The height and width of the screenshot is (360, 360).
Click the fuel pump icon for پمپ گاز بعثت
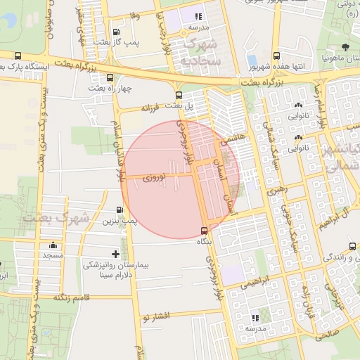116,32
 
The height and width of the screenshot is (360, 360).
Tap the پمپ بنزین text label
121,221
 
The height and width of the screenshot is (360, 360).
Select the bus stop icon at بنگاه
204,230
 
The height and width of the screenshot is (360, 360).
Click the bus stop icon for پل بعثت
179,95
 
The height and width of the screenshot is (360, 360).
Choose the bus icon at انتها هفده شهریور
276,56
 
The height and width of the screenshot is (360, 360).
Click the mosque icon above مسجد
53,245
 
